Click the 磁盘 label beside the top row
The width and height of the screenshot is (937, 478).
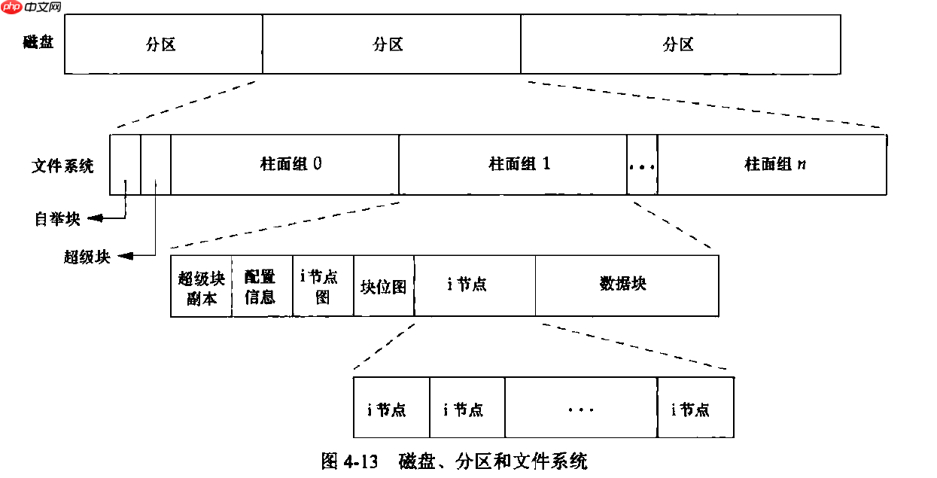[x=38, y=42]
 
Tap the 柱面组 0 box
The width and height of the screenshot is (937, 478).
[x=284, y=165]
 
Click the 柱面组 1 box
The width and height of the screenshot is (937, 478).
[x=513, y=165]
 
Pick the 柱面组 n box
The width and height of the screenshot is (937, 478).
[x=771, y=165]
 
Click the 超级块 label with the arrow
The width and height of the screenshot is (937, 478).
[x=87, y=257]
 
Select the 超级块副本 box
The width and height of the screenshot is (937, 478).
[x=201, y=287]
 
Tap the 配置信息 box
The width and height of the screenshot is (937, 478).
[x=261, y=287]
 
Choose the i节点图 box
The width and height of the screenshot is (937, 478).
[x=323, y=287]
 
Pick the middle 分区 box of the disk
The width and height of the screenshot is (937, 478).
[x=391, y=44]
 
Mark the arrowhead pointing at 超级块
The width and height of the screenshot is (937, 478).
[x=126, y=257]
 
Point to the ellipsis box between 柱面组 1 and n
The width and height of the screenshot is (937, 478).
[x=642, y=165]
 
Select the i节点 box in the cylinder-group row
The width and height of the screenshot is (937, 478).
[x=474, y=285]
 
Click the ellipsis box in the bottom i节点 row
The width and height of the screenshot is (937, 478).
[x=580, y=410]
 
